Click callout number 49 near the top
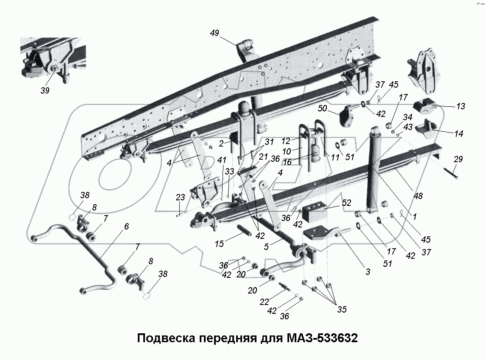coord(215,33)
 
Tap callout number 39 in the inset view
coord(45,90)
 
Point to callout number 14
coord(458,133)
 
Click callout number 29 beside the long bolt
coord(458,159)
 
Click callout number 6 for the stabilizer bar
coord(126,227)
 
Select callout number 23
coord(180,197)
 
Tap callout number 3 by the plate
coord(368,272)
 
